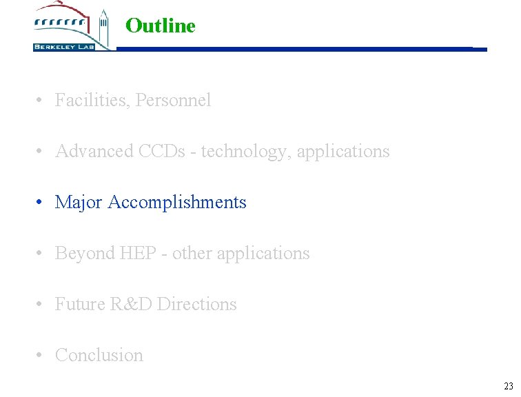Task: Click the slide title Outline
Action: coord(161,26)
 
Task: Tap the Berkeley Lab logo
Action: coord(72,28)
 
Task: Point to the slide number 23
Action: coord(508,386)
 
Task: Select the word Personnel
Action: coord(174,101)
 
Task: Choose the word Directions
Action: coord(197,304)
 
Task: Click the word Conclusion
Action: coord(99,355)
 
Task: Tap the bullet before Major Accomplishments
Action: coord(41,202)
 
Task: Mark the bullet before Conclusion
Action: coord(41,355)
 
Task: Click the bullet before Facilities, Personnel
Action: coord(41,100)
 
